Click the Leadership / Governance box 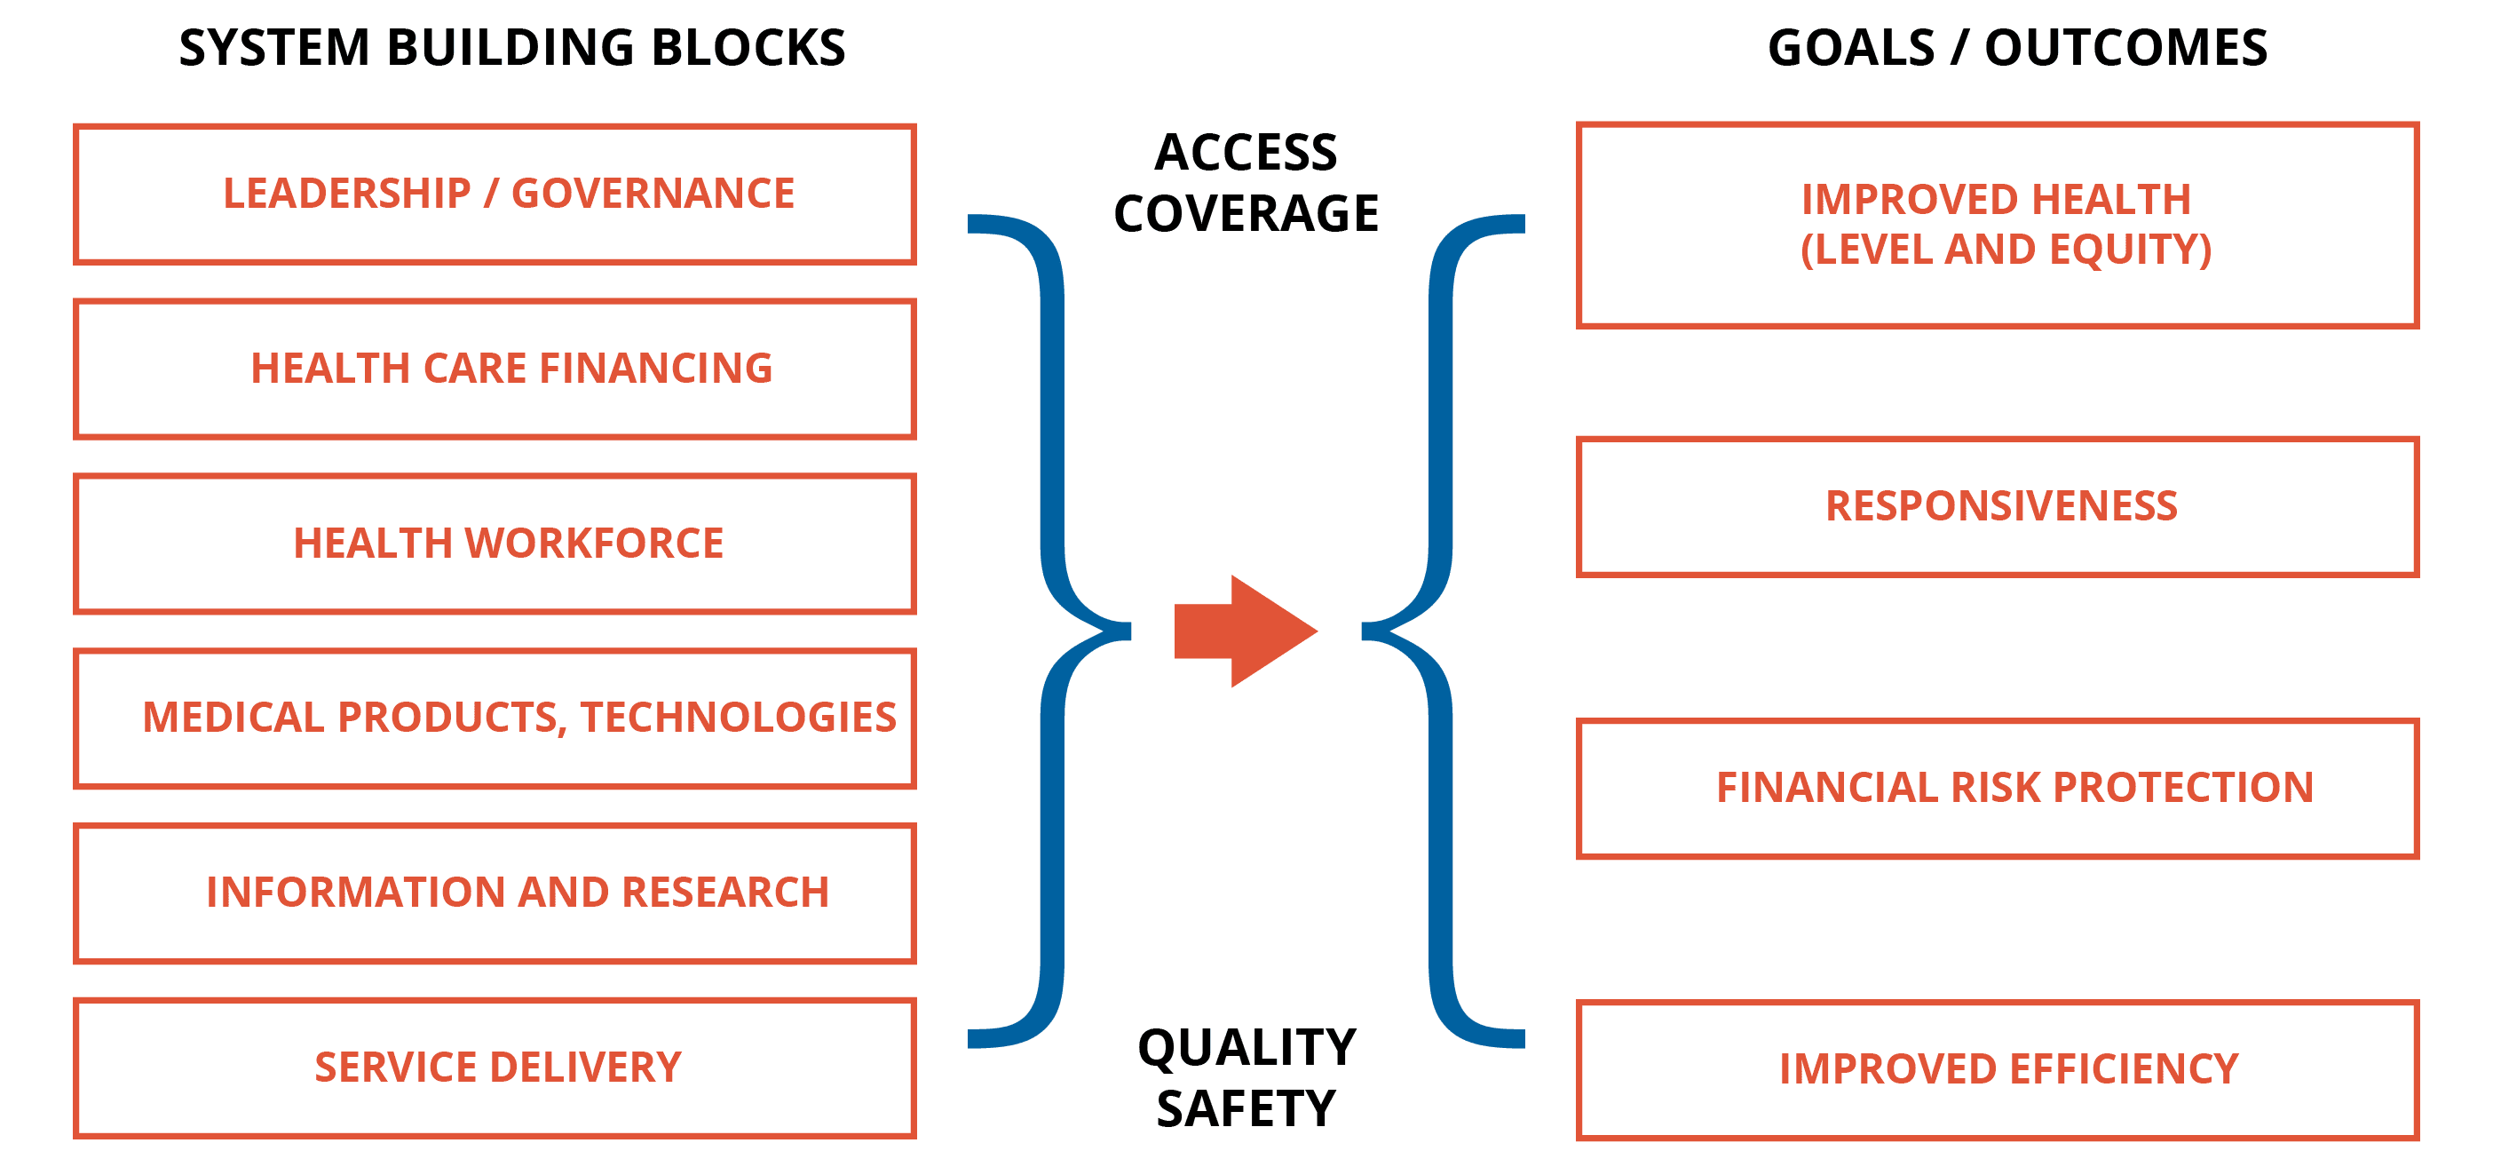click(x=495, y=194)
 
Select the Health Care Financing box click(x=495, y=369)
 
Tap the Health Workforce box click(x=495, y=543)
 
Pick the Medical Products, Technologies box click(x=495, y=718)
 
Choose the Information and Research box click(x=495, y=893)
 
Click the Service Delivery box click(x=495, y=1067)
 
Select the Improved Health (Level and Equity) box click(x=1997, y=225)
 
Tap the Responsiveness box click(x=1997, y=506)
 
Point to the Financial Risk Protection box click(x=1997, y=788)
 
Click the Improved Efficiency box click(x=1997, y=1068)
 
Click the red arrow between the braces click(x=1244, y=631)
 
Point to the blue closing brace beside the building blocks click(x=1053, y=631)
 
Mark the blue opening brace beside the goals click(x=1440, y=631)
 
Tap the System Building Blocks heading click(x=512, y=48)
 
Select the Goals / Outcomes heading click(x=2017, y=48)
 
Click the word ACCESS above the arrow click(x=1246, y=153)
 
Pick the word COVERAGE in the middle click(x=1246, y=214)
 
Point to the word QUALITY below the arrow click(x=1246, y=1047)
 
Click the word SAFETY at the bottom click(x=1246, y=1108)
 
